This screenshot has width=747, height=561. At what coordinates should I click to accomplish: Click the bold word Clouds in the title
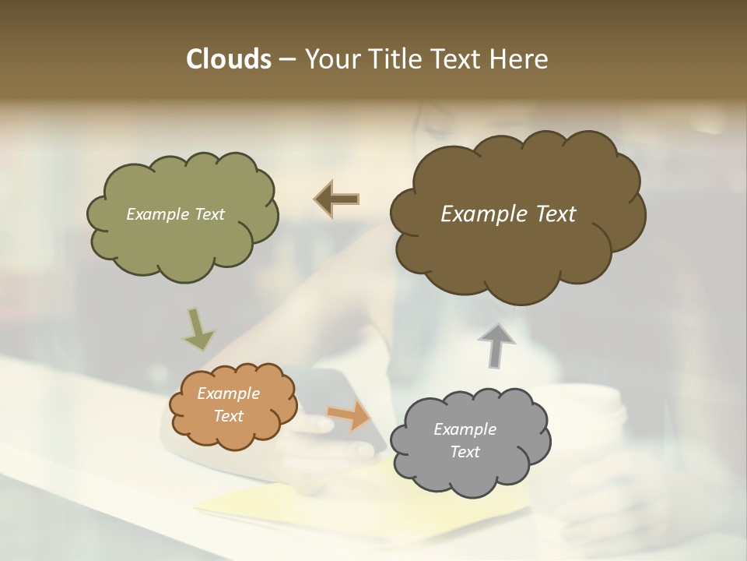point(228,59)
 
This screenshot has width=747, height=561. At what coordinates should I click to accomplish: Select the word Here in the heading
point(521,59)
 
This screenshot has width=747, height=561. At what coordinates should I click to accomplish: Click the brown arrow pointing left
point(337,199)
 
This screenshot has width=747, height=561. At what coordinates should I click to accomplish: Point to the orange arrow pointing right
point(349,415)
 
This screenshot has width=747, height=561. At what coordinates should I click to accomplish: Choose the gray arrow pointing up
point(496,344)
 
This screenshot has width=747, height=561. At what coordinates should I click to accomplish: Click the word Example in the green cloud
point(155,214)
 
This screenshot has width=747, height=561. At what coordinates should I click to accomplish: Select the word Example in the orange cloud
point(228,393)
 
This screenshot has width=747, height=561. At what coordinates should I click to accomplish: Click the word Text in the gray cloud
point(465,452)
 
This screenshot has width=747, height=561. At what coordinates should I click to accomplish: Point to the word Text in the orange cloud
point(228,416)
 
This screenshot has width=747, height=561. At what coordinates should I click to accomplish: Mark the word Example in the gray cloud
point(465,429)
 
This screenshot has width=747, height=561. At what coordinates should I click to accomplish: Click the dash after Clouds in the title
point(287,59)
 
